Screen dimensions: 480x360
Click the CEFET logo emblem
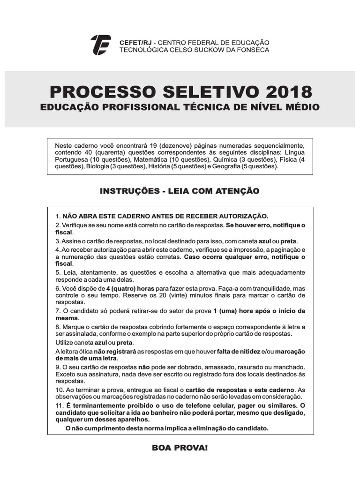100,45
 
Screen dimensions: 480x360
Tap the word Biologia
97,166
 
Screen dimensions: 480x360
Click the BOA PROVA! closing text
179,448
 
